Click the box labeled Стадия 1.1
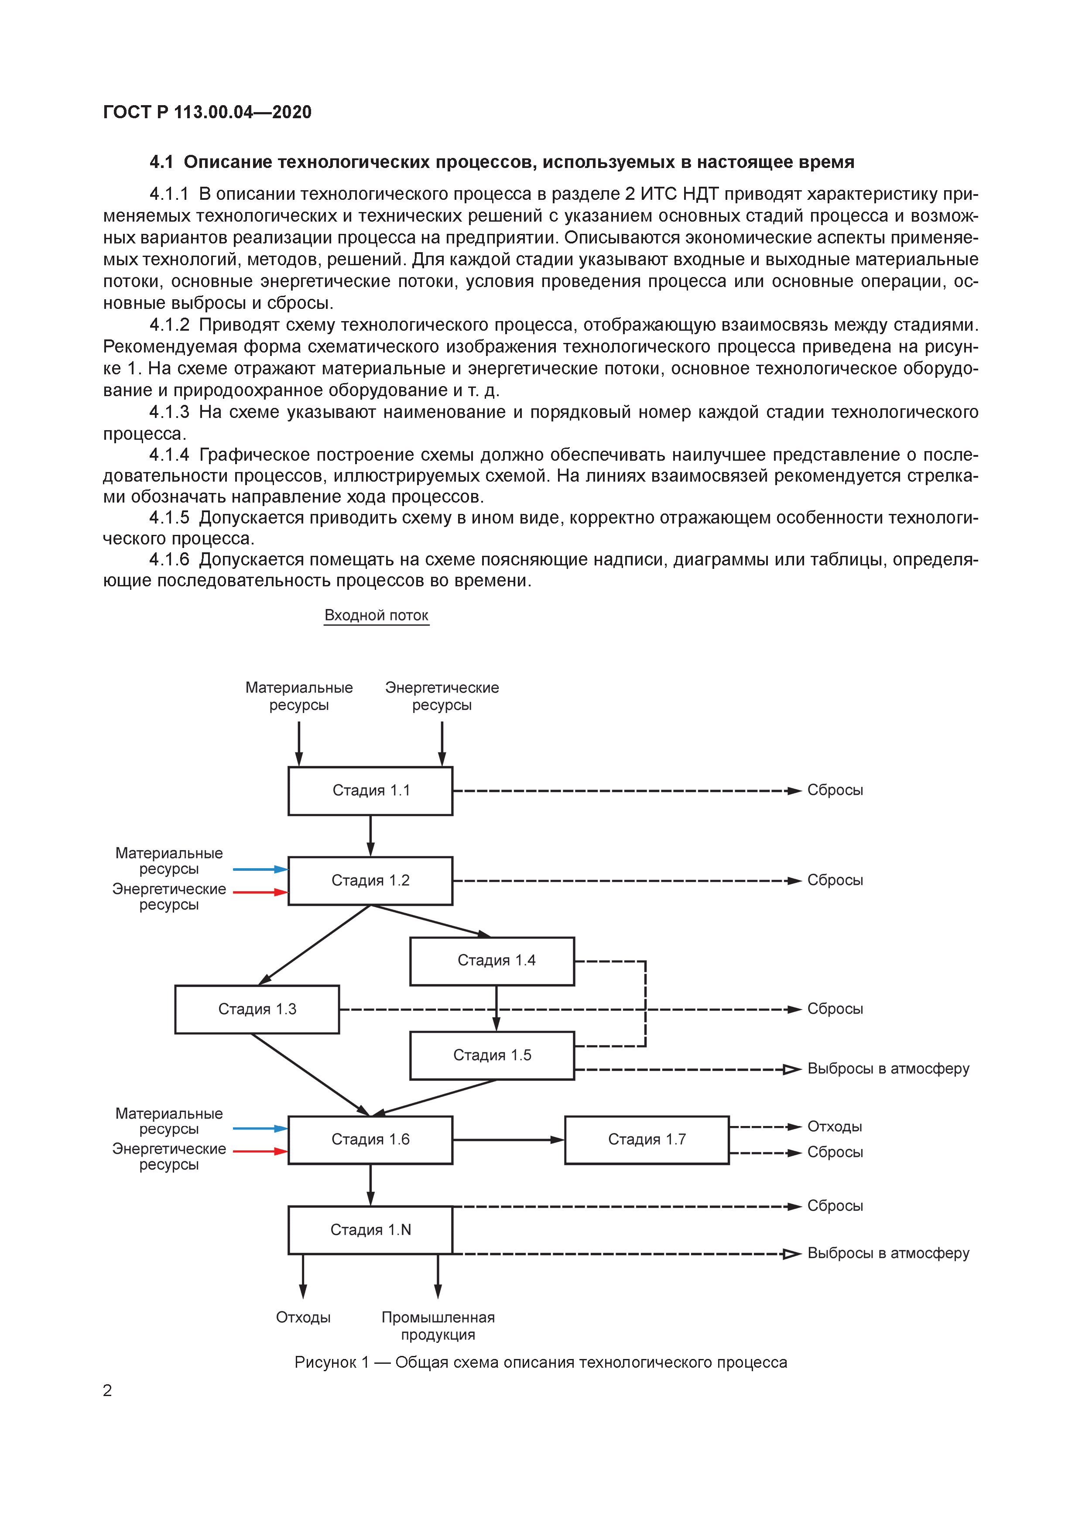click(370, 791)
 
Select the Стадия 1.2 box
click(370, 880)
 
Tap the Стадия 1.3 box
click(257, 1009)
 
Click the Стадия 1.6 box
click(370, 1140)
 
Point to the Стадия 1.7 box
click(647, 1140)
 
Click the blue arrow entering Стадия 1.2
click(260, 869)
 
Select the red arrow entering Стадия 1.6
click(260, 1151)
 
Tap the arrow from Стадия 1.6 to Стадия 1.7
click(508, 1140)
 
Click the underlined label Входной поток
click(377, 615)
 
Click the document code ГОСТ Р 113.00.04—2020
click(207, 112)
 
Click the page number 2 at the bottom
click(107, 1390)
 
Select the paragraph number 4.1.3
click(169, 412)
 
